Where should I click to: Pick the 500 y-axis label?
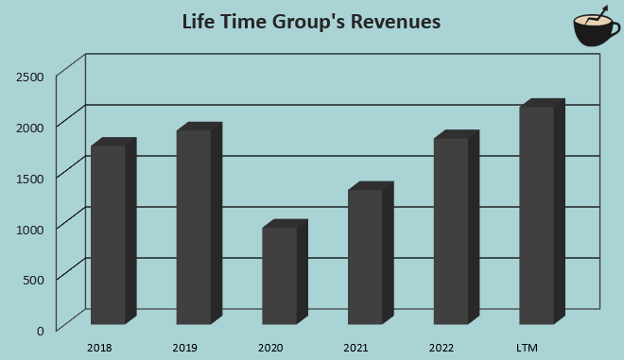[x=33, y=279]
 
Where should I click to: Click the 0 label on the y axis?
[x=40, y=330]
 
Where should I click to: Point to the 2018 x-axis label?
[x=99, y=349]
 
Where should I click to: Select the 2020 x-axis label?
[x=270, y=349]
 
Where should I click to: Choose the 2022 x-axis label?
[x=442, y=349]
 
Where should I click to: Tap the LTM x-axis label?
[x=528, y=349]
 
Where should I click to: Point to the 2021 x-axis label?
[x=355, y=349]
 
